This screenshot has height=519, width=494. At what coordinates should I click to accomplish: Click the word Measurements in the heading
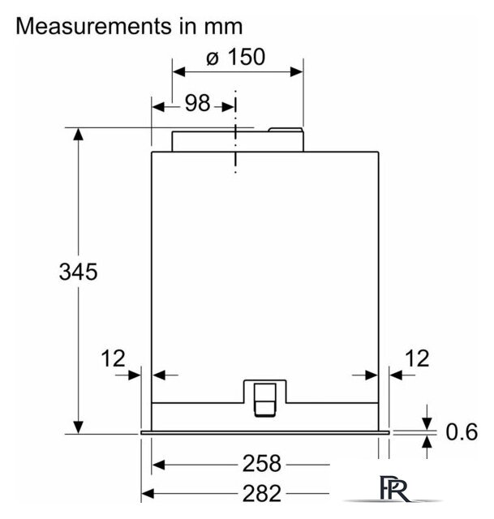[x=94, y=26]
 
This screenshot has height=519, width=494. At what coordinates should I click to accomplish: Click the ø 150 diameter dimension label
[x=235, y=57]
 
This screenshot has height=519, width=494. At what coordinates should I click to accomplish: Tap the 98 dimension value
[x=197, y=103]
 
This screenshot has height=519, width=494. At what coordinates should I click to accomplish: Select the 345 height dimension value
[x=78, y=272]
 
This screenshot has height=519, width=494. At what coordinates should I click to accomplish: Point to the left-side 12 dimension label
[x=113, y=358]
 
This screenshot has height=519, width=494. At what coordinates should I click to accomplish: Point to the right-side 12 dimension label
[x=417, y=358]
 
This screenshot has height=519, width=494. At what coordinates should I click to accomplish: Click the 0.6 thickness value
[x=462, y=431]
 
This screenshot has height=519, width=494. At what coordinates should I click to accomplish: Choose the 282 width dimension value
[x=261, y=494]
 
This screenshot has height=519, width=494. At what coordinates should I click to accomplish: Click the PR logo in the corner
[x=394, y=488]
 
